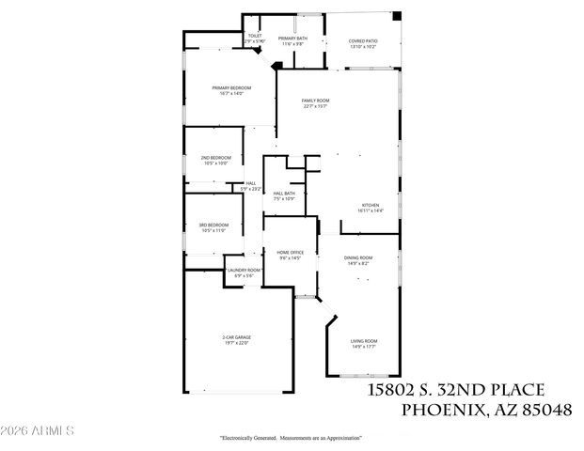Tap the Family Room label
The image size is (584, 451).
(315, 103)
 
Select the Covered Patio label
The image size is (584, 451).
(363, 44)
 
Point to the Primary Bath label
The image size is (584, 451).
(292, 40)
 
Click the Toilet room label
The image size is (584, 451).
(255, 39)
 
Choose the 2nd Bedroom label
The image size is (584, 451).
(215, 161)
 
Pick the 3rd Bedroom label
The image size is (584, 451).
(213, 227)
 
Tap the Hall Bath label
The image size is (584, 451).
(284, 196)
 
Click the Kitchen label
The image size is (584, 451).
(370, 209)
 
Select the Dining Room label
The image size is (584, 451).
(357, 260)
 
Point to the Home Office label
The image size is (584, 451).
(290, 255)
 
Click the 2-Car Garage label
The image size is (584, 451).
(236, 340)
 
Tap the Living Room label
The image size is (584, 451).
(363, 343)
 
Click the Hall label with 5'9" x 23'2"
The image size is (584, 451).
(250, 186)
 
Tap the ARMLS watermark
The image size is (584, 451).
(38, 431)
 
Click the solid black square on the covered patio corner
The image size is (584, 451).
(396, 16)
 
